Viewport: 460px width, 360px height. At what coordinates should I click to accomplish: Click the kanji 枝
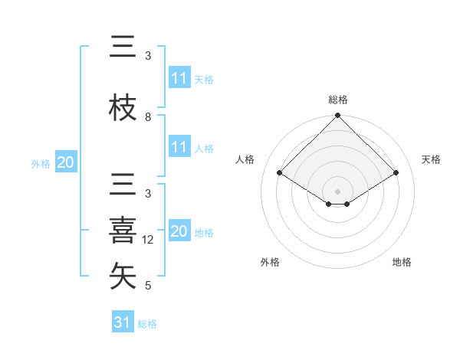coord(123,108)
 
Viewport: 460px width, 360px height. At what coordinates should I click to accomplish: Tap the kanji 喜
coord(123,231)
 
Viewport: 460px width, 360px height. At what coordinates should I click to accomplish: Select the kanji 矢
coord(123,277)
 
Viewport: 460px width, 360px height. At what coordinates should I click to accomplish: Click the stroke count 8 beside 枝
coord(148,117)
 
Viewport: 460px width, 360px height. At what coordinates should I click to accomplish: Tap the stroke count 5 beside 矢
coord(148,286)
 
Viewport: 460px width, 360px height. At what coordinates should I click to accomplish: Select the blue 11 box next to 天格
coord(179,78)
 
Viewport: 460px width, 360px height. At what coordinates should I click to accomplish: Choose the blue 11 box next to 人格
coord(179,147)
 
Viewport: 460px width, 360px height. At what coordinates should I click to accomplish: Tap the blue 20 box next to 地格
coord(179,231)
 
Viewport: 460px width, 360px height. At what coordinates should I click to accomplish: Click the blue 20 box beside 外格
coord(66,162)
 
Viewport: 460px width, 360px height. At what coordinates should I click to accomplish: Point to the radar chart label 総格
coord(338,100)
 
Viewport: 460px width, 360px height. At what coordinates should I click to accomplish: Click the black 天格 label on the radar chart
coord(431,159)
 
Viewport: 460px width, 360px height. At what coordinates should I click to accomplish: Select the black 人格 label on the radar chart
coord(245,159)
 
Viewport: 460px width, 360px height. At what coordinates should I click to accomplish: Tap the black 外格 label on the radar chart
coord(270,262)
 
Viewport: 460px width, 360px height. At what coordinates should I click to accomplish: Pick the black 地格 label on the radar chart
coord(402,262)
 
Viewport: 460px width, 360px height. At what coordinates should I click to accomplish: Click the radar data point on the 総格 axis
coord(338,116)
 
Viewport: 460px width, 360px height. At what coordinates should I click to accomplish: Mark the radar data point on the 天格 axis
coord(396,173)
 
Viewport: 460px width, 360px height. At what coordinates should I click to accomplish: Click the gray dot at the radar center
coord(338,190)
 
